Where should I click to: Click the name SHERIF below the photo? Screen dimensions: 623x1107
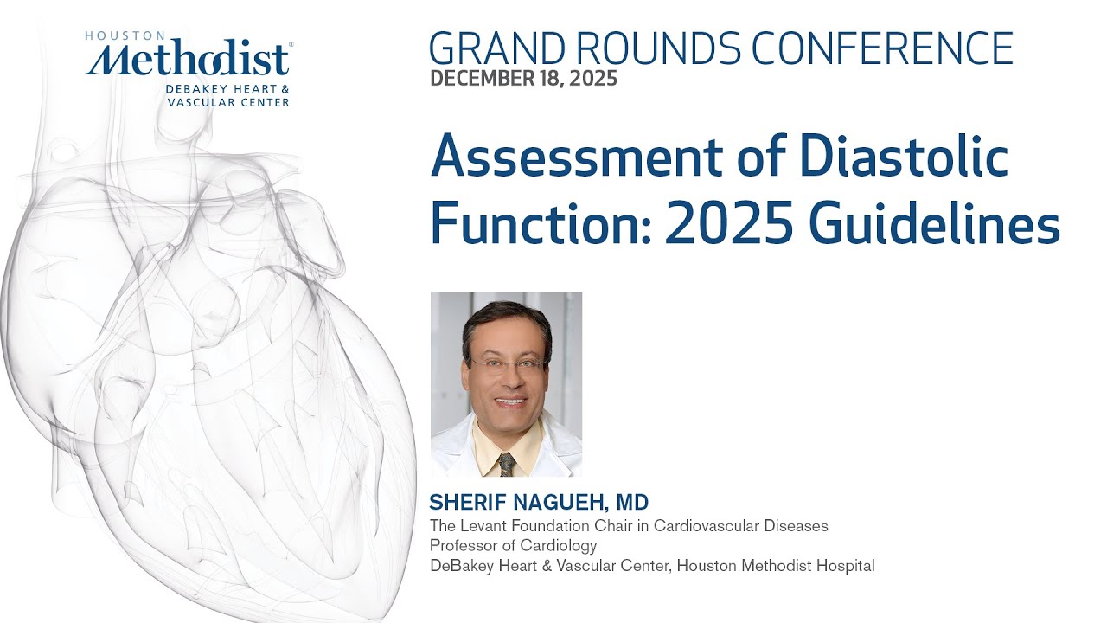pos(464,502)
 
